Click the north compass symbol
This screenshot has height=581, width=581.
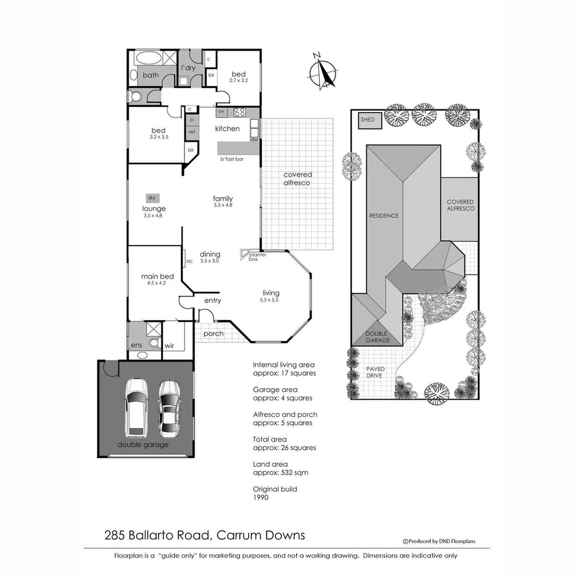click(x=322, y=72)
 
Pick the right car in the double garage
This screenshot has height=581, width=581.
click(x=169, y=408)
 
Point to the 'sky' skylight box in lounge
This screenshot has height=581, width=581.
click(x=151, y=198)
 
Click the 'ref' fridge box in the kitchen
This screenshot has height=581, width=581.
click(x=192, y=132)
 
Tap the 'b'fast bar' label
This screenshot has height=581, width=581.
click(x=232, y=159)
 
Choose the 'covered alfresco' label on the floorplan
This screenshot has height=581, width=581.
click(x=297, y=179)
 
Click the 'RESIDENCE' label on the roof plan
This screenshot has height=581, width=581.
click(x=384, y=216)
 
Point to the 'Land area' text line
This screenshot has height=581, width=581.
click(x=270, y=464)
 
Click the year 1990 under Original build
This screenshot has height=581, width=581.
click(x=260, y=498)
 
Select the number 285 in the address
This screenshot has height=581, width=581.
click(x=116, y=535)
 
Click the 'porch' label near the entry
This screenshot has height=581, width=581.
click(x=213, y=334)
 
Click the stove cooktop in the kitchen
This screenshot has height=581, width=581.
click(x=238, y=112)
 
